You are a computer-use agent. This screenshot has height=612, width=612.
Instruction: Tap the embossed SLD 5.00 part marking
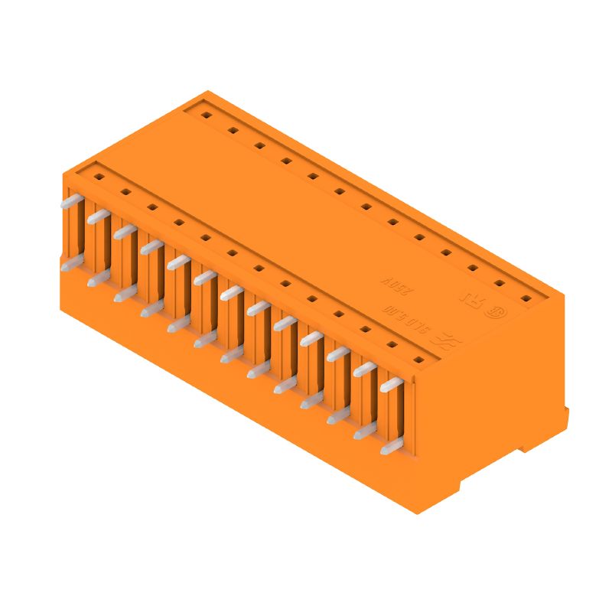[x=411, y=320]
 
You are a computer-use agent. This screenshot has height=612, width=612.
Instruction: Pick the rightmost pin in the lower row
[x=392, y=448]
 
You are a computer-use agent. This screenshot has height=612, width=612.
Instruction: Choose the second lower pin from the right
[x=365, y=432]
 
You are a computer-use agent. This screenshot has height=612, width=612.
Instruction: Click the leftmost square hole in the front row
[x=98, y=177]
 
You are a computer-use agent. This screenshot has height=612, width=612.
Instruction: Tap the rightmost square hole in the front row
[x=418, y=359]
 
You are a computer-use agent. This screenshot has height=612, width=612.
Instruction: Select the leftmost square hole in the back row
[x=206, y=116]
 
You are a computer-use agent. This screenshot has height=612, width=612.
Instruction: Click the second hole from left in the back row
[x=233, y=131]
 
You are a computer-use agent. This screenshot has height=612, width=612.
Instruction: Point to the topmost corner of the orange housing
[x=207, y=90]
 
